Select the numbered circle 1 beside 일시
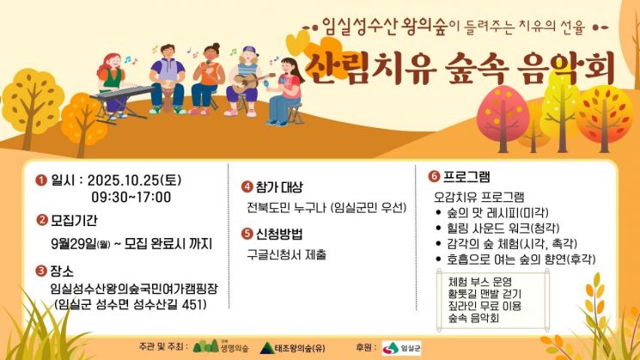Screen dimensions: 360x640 click(x=40, y=180)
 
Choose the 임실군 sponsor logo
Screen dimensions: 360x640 click(x=396, y=348)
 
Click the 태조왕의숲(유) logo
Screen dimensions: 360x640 click(x=296, y=348)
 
